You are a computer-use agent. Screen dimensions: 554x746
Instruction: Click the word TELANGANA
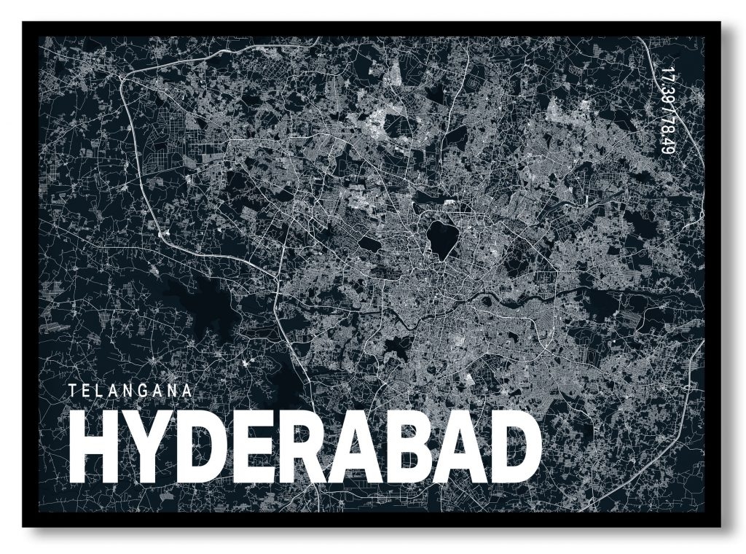(x=131, y=390)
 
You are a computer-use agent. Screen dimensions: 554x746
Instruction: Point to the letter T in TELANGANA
(x=74, y=390)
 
